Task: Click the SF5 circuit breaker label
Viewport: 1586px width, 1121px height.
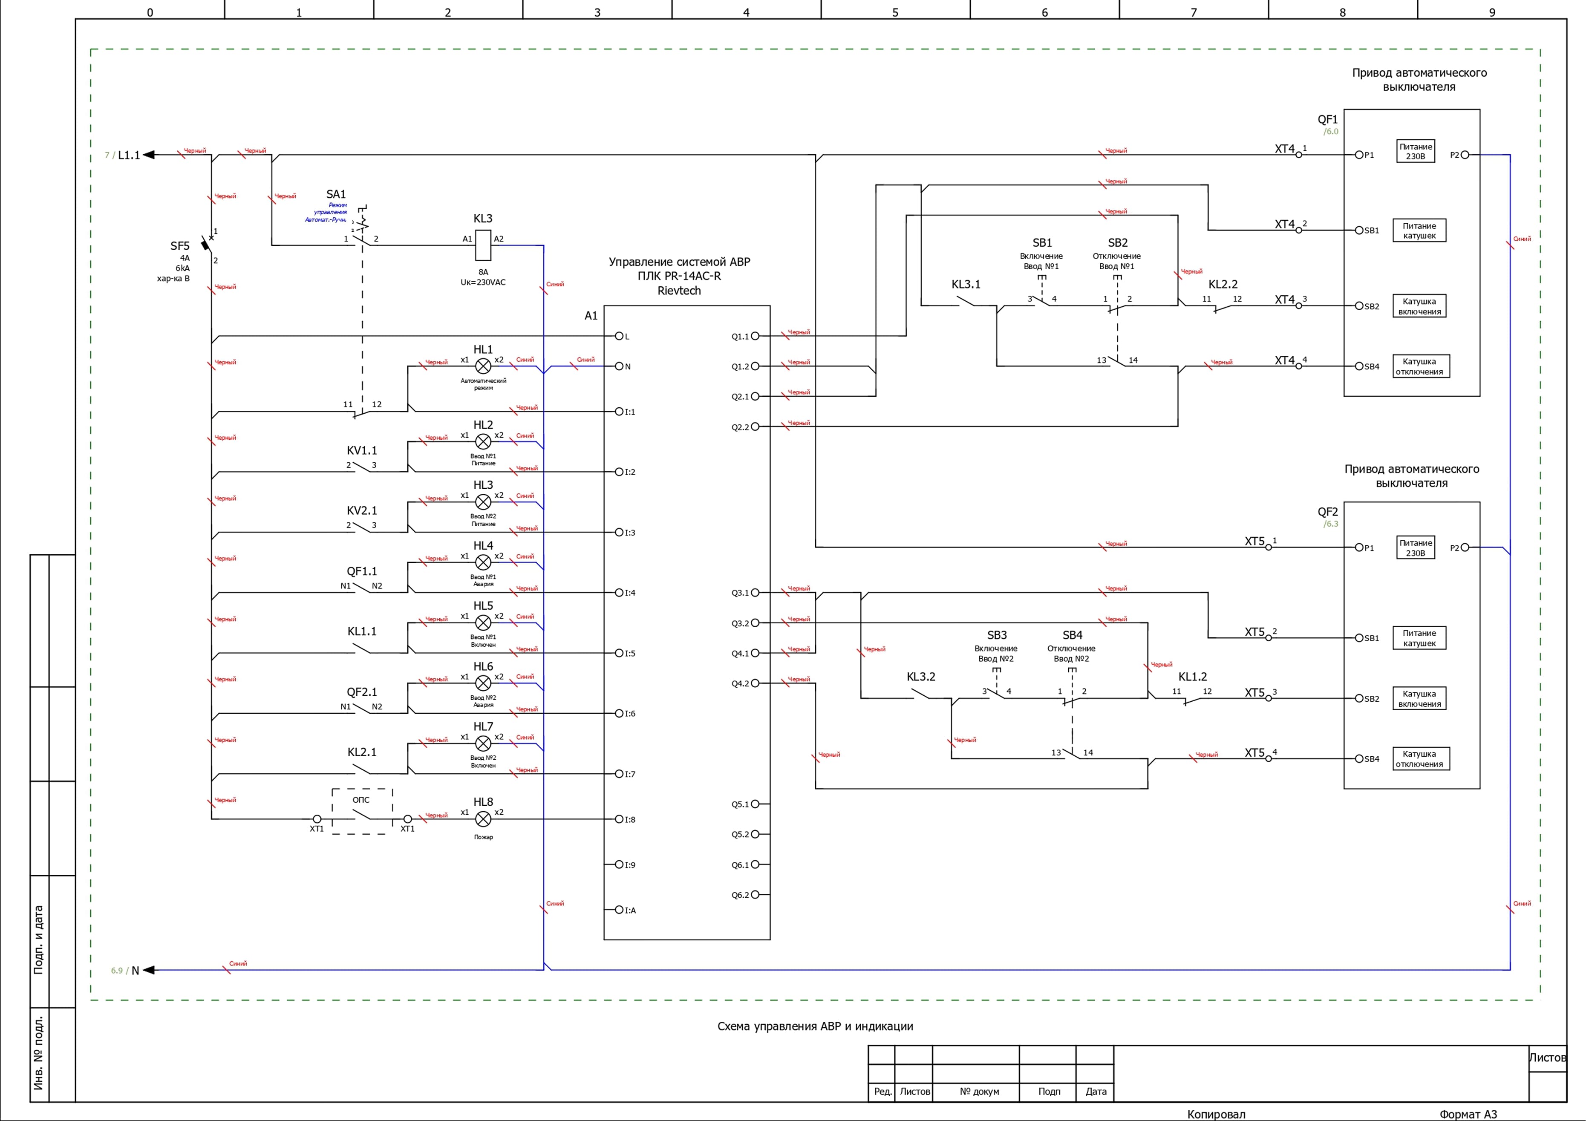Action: (x=179, y=246)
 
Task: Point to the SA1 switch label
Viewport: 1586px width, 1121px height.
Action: (x=336, y=194)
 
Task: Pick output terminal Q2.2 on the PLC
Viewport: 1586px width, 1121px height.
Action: (x=755, y=427)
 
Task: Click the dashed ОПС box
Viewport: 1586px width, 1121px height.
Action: (x=362, y=812)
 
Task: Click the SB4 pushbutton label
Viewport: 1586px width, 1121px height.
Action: (x=1072, y=635)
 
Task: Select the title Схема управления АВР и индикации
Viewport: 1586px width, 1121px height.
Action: (x=815, y=1026)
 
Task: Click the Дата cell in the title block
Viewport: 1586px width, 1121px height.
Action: (x=1096, y=1091)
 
